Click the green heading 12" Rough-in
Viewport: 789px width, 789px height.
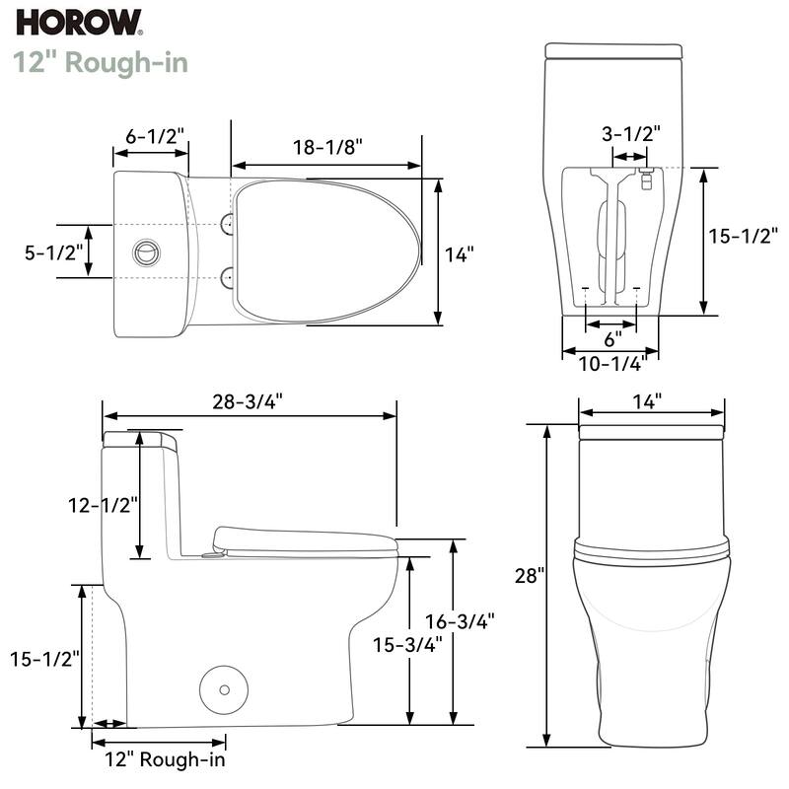[101, 61]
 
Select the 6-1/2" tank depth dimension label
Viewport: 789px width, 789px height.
[156, 137]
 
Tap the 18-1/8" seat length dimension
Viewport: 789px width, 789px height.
[327, 146]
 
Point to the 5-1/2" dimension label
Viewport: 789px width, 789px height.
[45, 251]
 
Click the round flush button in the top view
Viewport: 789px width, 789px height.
[144, 251]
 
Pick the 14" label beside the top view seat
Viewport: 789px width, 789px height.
[459, 253]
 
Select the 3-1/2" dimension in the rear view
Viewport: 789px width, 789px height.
[631, 133]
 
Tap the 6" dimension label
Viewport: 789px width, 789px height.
[612, 338]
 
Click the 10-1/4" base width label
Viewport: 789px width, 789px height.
[611, 363]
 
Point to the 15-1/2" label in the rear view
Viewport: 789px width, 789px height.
[745, 236]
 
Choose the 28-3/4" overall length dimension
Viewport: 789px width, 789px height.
[250, 400]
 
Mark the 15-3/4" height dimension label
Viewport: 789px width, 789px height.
[407, 643]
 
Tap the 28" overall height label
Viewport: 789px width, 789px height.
[529, 575]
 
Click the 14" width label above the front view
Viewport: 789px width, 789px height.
[648, 400]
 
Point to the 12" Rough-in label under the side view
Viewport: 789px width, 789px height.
[166, 759]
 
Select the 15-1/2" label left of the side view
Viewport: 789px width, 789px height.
[45, 658]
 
